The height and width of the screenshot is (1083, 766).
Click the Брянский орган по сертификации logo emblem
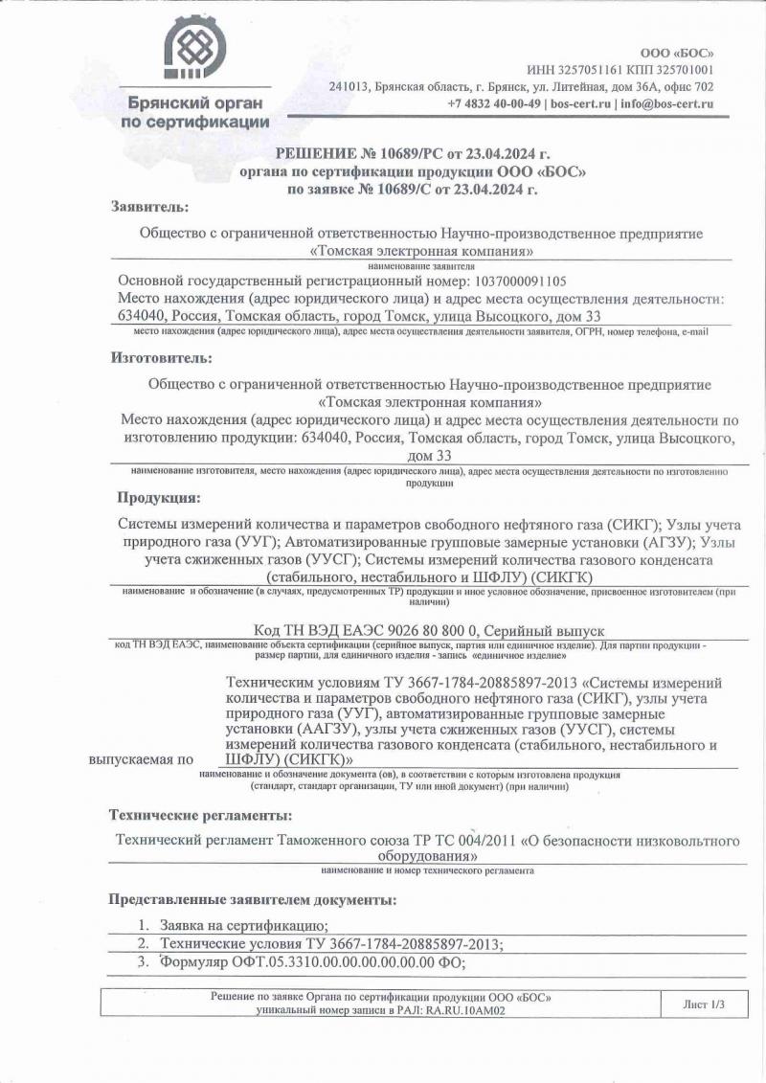click(x=195, y=51)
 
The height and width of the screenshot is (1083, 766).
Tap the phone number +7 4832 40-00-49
click(x=494, y=103)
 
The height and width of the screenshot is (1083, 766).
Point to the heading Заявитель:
click(x=149, y=207)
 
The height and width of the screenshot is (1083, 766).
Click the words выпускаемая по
click(x=141, y=759)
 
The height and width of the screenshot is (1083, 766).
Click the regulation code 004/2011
click(x=484, y=841)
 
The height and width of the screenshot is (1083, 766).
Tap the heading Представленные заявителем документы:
click(x=251, y=900)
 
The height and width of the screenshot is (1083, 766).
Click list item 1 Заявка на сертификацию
click(x=244, y=925)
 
